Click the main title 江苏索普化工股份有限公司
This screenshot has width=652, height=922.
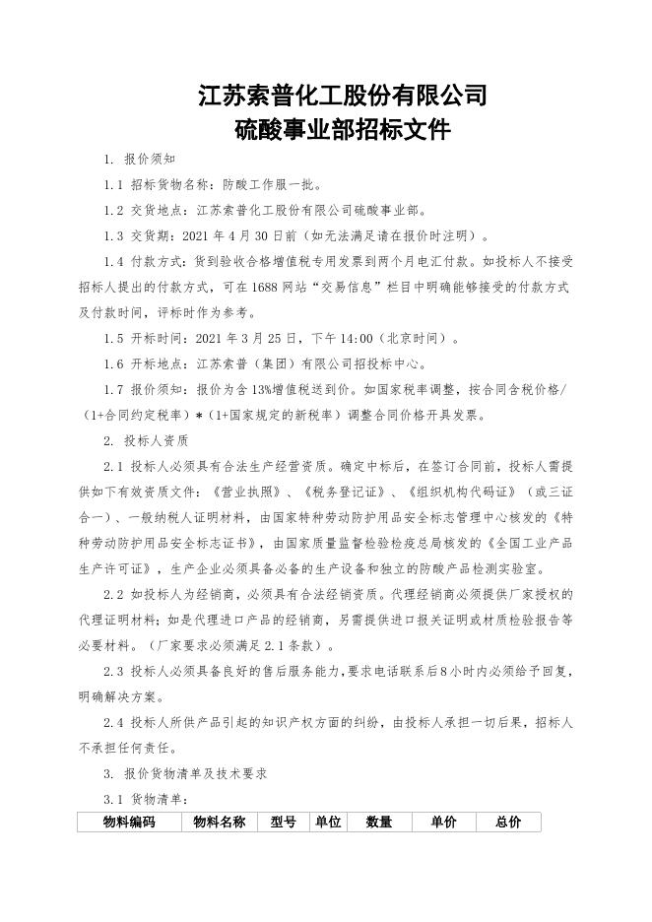(342, 96)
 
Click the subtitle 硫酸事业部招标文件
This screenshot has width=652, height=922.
(342, 130)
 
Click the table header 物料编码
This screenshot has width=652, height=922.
(129, 823)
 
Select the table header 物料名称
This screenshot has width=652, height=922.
(219, 823)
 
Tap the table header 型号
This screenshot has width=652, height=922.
(283, 823)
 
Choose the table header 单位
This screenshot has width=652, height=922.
(327, 823)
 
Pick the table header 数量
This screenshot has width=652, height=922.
(379, 823)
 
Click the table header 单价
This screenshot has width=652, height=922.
(443, 823)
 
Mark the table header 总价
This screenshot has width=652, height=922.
(508, 823)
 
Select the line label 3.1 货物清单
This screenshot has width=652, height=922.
(147, 799)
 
